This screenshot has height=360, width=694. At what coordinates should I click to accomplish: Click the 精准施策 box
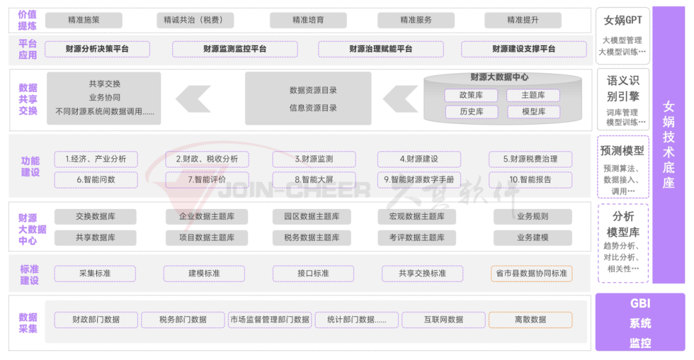(84, 20)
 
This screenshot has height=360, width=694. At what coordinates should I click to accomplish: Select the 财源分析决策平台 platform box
(98, 49)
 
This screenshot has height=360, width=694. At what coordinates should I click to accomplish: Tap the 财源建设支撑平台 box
(524, 49)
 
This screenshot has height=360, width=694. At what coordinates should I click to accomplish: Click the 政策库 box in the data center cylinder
(471, 95)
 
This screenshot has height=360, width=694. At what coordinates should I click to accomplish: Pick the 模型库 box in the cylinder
(533, 112)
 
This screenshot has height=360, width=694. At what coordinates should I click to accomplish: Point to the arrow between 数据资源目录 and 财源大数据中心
(400, 100)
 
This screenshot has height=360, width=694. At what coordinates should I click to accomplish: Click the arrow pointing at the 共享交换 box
(193, 100)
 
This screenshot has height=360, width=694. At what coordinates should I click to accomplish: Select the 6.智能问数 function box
(96, 180)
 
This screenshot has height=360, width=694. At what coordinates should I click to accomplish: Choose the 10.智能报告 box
(530, 180)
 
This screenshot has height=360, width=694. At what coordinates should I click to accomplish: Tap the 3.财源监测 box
(314, 159)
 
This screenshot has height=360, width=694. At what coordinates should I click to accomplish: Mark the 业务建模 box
(533, 237)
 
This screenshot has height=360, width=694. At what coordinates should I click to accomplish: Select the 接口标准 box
(314, 273)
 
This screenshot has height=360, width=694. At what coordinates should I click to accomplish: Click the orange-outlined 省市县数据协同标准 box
(531, 273)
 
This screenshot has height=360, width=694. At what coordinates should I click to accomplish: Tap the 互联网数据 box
(443, 319)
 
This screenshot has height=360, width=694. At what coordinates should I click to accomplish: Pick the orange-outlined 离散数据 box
(530, 319)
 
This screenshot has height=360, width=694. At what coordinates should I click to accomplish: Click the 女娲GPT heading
(623, 20)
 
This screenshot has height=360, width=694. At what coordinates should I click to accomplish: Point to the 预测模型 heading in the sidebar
(622, 151)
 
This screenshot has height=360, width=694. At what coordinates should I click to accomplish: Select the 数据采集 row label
(28, 323)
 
